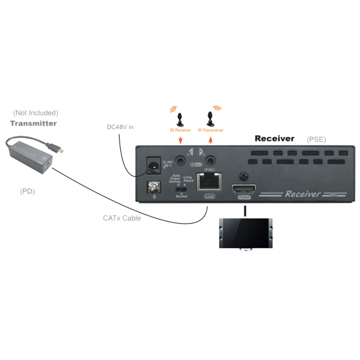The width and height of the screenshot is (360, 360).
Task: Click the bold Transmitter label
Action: click(x=34, y=123)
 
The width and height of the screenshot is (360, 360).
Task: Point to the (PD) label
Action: click(x=27, y=191)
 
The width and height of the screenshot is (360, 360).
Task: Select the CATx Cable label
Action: click(x=122, y=218)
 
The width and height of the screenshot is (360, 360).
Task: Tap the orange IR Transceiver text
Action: click(x=211, y=130)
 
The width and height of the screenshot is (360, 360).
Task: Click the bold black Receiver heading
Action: click(x=274, y=139)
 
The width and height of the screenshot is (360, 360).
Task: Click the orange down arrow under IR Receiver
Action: click(x=180, y=141)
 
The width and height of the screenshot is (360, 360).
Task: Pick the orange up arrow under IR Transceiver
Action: click(x=210, y=140)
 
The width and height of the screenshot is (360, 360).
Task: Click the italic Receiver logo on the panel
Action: click(x=305, y=194)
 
